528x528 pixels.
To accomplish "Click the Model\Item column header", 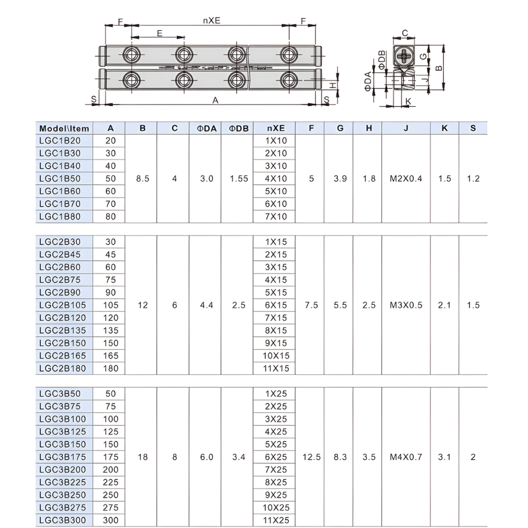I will tap(64, 128).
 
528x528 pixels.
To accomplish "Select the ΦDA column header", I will tap(206, 128).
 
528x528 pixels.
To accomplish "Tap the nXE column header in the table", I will tap(276, 128).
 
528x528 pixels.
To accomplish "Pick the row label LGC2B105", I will tap(62, 305).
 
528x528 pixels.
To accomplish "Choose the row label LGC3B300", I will tap(62, 521).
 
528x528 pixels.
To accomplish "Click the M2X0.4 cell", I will tap(406, 178).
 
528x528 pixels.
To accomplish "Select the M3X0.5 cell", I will tap(406, 305).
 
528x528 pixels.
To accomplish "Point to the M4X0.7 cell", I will tap(406, 457).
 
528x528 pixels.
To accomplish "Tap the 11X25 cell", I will tap(276, 521).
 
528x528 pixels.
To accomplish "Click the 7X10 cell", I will tap(276, 216).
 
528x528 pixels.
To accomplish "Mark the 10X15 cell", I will tap(276, 356).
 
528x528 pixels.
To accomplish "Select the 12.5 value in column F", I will tap(312, 457).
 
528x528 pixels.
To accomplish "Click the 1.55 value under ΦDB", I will tap(239, 178).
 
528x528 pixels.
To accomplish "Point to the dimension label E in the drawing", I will tap(159, 33).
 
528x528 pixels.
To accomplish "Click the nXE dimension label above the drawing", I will tap(211, 21).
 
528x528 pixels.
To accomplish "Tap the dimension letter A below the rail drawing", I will tap(215, 101).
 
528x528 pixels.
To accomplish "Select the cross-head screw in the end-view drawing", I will tap(404, 55).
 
